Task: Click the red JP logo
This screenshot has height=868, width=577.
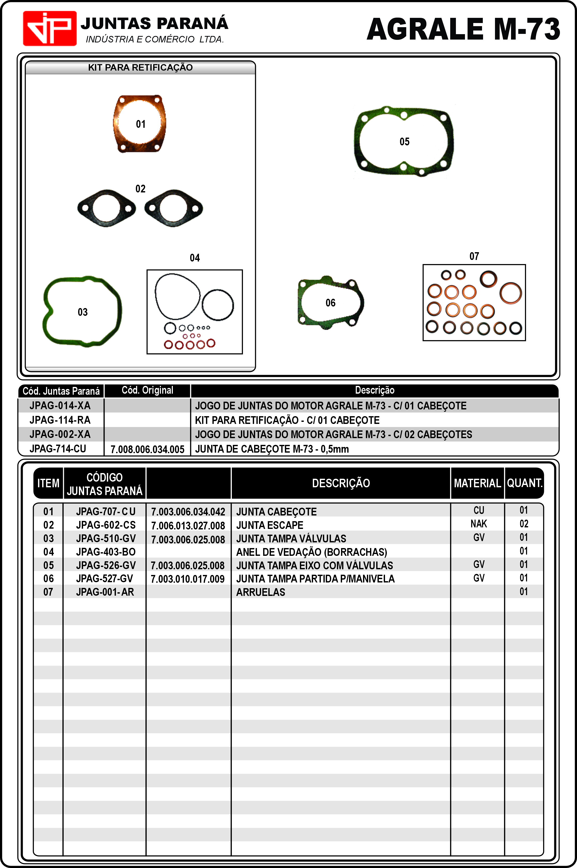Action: click(50, 28)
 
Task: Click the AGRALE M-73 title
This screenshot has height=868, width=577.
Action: click(463, 29)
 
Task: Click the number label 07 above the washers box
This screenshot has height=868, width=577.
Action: click(474, 256)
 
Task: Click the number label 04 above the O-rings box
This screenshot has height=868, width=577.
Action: click(195, 258)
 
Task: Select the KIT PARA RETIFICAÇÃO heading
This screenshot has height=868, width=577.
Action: click(140, 68)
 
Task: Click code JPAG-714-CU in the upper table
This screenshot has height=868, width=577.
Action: click(58, 449)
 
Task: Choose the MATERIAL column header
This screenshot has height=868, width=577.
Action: click(477, 483)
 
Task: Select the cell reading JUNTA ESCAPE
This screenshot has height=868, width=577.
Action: click(270, 525)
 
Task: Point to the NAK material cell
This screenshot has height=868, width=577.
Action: click(478, 524)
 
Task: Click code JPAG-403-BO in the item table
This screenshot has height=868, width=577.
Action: click(106, 552)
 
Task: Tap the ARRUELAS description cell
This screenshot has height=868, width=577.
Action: click(261, 592)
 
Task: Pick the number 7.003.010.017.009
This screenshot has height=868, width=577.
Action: click(188, 579)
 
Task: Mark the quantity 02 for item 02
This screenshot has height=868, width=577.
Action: click(524, 524)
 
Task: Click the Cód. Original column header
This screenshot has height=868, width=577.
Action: click(147, 390)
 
